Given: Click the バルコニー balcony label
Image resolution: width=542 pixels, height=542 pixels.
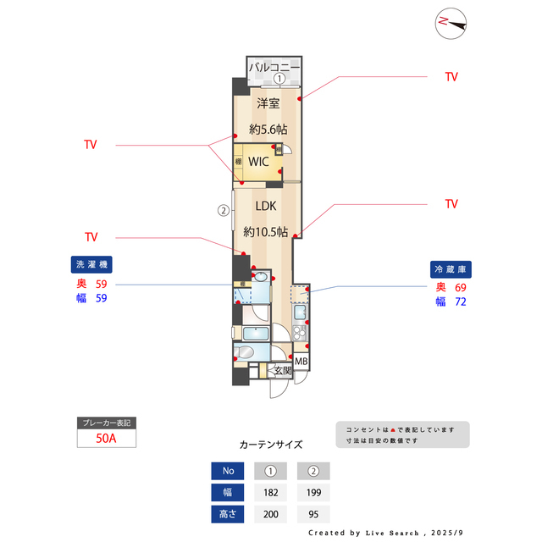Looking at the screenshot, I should pos(274,65).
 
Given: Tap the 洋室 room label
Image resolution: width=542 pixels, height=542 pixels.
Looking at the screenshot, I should pos(268,103).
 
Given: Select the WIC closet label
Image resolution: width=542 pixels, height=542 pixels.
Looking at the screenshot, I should pos(259,161).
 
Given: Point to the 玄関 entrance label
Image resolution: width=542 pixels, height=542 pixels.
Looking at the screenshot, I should pos(282,370).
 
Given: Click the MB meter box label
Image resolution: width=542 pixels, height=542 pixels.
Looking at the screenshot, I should pos(301,362).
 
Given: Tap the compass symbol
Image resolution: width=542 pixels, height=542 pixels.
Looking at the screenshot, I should pos(451,23).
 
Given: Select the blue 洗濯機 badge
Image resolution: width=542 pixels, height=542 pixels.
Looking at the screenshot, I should pos(91,264).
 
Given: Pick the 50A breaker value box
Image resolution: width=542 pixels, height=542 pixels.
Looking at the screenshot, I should pos(107,439).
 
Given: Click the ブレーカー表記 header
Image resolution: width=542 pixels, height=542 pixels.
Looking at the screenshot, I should pos(107,422).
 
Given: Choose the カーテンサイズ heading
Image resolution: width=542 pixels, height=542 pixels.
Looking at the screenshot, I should pos(271,444).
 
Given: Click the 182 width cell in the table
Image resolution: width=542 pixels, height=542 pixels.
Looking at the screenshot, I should pos(270,492).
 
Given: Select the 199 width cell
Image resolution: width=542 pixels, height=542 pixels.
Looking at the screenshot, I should pos(313,492).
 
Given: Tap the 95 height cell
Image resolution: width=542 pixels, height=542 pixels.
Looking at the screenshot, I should pos(313,513).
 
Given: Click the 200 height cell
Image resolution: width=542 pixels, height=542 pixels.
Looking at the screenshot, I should pos(270,513).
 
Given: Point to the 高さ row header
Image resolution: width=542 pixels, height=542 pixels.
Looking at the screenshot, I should pos(227,513).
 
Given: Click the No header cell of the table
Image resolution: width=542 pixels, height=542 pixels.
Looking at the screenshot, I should pos(227,471).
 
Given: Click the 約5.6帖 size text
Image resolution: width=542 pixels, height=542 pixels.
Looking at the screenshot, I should pos(268,130).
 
